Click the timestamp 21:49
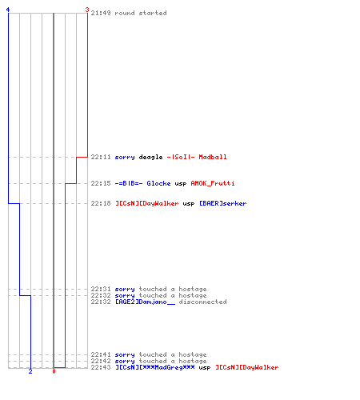click(x=101, y=13)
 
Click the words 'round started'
click(x=141, y=13)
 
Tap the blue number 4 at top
click(x=8, y=10)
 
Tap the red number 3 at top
click(x=87, y=10)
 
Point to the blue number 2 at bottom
click(x=30, y=371)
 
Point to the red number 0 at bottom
click(x=54, y=371)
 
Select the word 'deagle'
click(x=150, y=157)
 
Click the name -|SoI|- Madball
click(x=197, y=157)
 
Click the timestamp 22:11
click(x=101, y=157)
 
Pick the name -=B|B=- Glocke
click(x=142, y=183)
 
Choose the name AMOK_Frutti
click(x=213, y=183)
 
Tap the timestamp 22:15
click(x=101, y=183)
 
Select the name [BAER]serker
click(x=223, y=203)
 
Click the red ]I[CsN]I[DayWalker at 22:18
click(x=147, y=203)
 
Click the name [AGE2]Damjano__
click(x=145, y=302)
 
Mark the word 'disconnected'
click(x=202, y=302)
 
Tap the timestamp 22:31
click(x=101, y=289)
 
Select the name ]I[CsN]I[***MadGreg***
click(x=155, y=367)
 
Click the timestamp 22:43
click(x=101, y=367)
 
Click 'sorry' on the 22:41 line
click(x=125, y=355)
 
